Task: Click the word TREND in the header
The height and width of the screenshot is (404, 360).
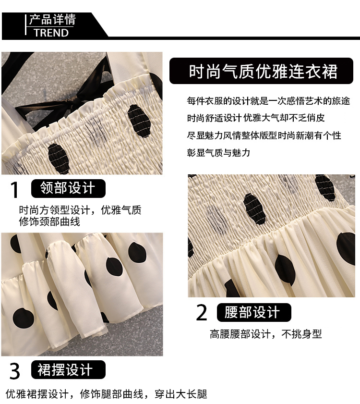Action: point(51,33)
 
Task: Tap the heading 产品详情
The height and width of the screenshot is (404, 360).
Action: point(52,20)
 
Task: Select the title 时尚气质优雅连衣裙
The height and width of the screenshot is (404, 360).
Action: point(263,71)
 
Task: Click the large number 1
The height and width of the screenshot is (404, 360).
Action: point(14,190)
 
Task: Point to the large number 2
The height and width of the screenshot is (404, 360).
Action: point(202,312)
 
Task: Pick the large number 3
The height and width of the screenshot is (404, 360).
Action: point(15,371)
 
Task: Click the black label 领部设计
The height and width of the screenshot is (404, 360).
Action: point(68,188)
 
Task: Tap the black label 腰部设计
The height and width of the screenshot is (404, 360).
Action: point(254,312)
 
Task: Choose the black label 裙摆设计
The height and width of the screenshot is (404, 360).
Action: point(68,370)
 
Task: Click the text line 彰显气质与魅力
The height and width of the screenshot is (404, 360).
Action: point(218,153)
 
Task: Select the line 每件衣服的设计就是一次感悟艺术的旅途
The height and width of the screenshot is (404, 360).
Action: point(268,101)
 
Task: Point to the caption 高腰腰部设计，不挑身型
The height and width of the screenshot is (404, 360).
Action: point(266,334)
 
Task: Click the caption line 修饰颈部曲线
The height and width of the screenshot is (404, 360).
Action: point(49,221)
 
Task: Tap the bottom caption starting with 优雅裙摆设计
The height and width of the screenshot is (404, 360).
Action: point(107,394)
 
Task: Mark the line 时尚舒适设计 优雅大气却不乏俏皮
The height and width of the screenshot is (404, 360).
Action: point(256,118)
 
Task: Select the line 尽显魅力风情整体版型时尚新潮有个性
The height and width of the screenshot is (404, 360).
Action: point(264,135)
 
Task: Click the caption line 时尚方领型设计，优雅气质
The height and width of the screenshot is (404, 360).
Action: point(80,210)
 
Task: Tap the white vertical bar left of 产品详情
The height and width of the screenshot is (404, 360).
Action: point(26,24)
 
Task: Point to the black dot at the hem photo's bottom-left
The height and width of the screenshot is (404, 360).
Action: point(23,318)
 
